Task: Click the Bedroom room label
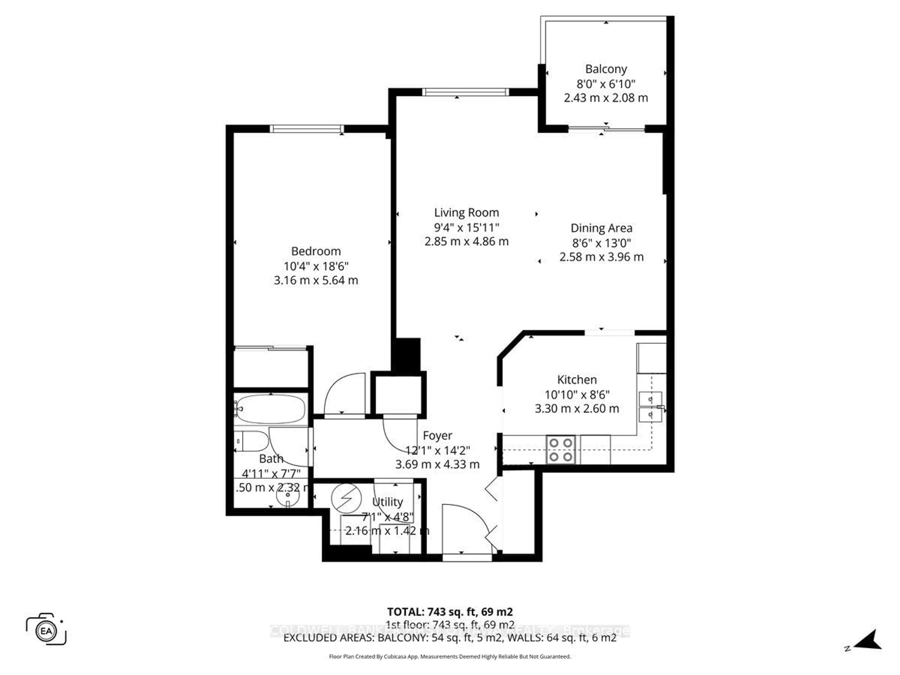pyautogui.click(x=316, y=251)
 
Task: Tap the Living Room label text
pyautogui.click(x=466, y=212)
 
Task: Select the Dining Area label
pyautogui.click(x=601, y=228)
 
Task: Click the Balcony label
pyautogui.click(x=606, y=69)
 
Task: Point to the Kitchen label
pyautogui.click(x=577, y=380)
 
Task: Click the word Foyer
pyautogui.click(x=437, y=435)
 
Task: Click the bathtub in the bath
pyautogui.click(x=270, y=409)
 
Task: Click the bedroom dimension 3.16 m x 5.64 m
pyautogui.click(x=316, y=280)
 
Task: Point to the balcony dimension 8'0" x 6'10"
pyautogui.click(x=606, y=84)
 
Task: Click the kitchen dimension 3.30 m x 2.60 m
pyautogui.click(x=577, y=409)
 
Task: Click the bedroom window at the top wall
pyautogui.click(x=306, y=129)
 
